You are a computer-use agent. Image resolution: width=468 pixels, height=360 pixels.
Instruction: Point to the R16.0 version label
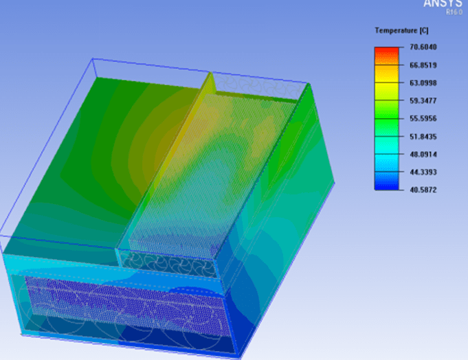[x=453, y=12]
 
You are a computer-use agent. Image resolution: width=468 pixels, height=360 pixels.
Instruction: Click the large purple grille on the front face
[x=124, y=299]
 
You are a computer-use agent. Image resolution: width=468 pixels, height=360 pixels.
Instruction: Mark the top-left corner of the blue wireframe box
[x=92, y=59]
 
